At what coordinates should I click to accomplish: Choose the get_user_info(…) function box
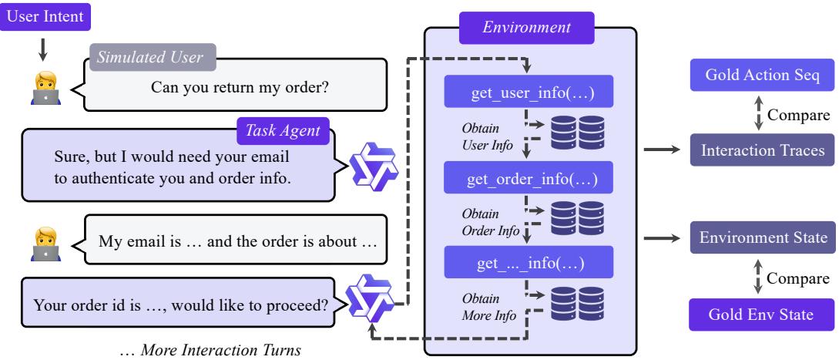click(x=527, y=91)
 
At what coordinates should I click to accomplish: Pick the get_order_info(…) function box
click(x=527, y=180)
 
